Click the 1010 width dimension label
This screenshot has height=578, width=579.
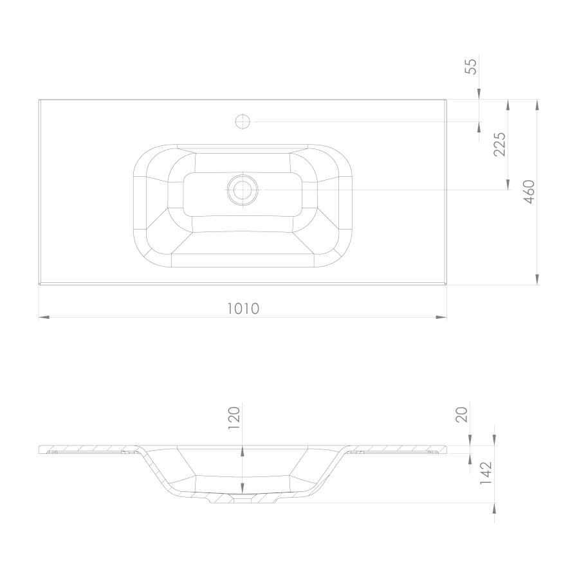(243, 309)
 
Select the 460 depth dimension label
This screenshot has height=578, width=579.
(529, 192)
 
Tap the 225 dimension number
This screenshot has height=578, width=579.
(500, 144)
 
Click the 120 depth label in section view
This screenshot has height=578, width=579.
(234, 418)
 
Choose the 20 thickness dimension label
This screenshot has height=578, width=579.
(463, 415)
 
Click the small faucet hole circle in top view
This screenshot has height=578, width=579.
(243, 122)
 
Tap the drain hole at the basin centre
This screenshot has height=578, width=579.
(243, 190)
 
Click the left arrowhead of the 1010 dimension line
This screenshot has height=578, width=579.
(44, 317)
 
